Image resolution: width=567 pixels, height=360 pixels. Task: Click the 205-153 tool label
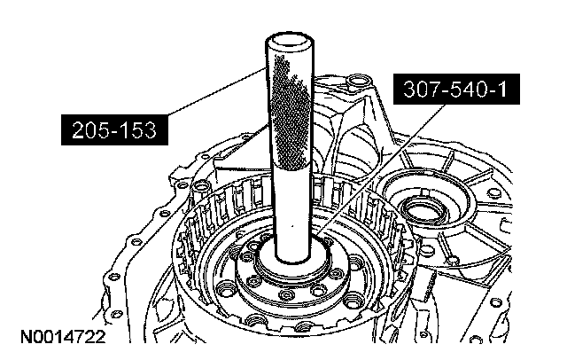click(x=114, y=129)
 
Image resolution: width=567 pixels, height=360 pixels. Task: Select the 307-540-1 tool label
click(x=456, y=89)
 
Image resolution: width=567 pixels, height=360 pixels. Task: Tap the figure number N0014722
click(x=63, y=337)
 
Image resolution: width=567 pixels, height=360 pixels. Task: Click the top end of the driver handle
click(x=290, y=39)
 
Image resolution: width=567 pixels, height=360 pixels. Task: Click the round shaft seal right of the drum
click(x=424, y=210)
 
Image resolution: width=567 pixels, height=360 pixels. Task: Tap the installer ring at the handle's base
click(x=293, y=262)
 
